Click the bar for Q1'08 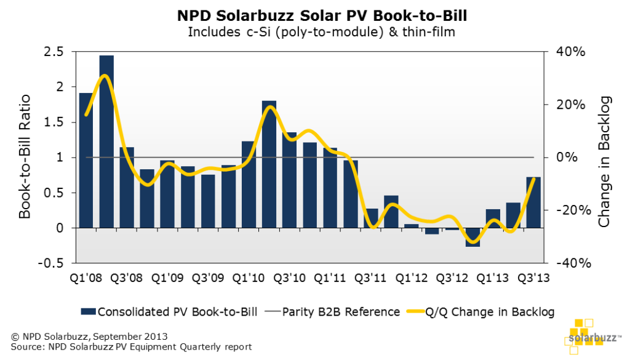[86, 160]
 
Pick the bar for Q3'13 [533, 202]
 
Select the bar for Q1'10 [249, 185]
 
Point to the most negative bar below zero [472, 238]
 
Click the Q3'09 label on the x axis [208, 278]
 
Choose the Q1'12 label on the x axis [411, 278]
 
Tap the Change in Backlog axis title [605, 161]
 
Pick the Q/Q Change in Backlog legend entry [480, 312]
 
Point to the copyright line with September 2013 [89, 337]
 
